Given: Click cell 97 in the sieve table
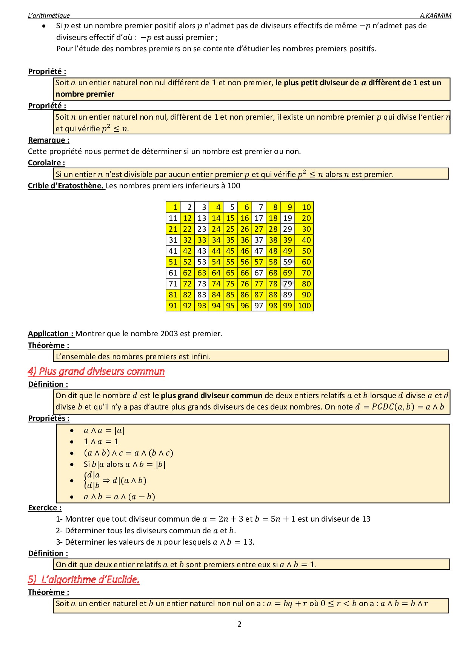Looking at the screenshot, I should pyautogui.click(x=259, y=306).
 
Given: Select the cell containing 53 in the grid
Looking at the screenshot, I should pyautogui.click(x=202, y=262).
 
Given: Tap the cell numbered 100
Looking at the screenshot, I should pyautogui.click(x=304, y=306).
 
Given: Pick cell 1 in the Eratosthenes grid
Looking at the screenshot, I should pyautogui.click(x=173, y=207).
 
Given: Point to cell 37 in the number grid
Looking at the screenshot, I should pyautogui.click(x=259, y=240).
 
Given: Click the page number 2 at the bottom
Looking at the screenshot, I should pyautogui.click(x=239, y=624).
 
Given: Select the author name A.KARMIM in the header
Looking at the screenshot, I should pyautogui.click(x=435, y=15).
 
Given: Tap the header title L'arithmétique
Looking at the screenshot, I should pyautogui.click(x=49, y=15).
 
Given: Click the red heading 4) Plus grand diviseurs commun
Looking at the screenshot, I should pyautogui.click(x=96, y=371).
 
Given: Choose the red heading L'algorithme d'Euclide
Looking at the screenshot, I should pyautogui.click(x=90, y=579).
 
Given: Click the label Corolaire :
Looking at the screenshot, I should pyautogui.click(x=46, y=163).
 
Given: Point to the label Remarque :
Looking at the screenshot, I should pyautogui.click(x=49, y=140).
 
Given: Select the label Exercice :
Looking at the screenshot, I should pyautogui.click(x=45, y=508).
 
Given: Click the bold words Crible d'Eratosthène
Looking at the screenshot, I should pyautogui.click(x=66, y=186).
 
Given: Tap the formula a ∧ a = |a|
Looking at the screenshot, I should pyautogui.click(x=104, y=431).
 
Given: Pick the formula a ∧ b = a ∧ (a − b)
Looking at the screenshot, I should pyautogui.click(x=119, y=497).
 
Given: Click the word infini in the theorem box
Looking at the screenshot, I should pyautogui.click(x=200, y=357).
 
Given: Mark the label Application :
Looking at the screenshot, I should pyautogui.click(x=51, y=334).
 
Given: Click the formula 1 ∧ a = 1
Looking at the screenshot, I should pyautogui.click(x=101, y=442).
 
